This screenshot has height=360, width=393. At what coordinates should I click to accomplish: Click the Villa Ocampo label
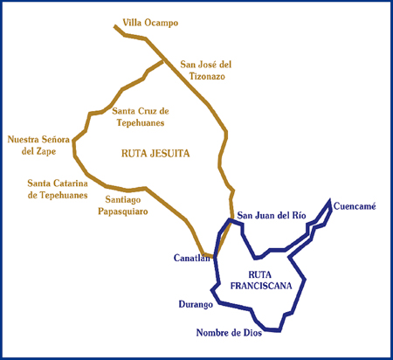pos(150,23)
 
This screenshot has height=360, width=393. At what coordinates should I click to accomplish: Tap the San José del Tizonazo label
pos(206,70)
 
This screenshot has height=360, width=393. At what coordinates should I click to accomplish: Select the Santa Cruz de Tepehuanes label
pos(141,117)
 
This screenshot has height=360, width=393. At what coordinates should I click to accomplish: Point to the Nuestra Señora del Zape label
pos(38,145)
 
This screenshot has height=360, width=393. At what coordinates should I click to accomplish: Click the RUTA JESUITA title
pos(155,153)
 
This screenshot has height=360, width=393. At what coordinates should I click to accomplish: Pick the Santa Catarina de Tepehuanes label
pos(58,189)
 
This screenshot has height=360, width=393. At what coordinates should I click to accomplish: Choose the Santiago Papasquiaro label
pos(123,205)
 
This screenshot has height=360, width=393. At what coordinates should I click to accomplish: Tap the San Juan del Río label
pos(272,215)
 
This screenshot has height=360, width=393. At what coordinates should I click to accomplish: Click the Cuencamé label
pos(355,206)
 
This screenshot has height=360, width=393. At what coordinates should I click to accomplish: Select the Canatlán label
pos(192,258)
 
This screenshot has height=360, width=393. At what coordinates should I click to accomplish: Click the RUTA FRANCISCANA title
pos(261,280)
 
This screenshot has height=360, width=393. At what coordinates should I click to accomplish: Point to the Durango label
pos(196,304)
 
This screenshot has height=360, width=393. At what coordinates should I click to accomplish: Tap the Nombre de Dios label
pos(229,332)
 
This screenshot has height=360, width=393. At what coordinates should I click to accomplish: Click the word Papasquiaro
pos(123,211)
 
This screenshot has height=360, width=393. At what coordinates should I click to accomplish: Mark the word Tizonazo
pos(207,76)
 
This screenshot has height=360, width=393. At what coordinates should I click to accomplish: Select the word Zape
pos(46,151)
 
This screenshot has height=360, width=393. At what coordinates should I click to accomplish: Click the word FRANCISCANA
pos(261,286)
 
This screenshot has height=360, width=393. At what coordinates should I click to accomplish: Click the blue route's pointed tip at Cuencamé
pos(330,199)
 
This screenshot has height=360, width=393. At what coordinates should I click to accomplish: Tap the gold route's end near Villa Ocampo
pos(115,26)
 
